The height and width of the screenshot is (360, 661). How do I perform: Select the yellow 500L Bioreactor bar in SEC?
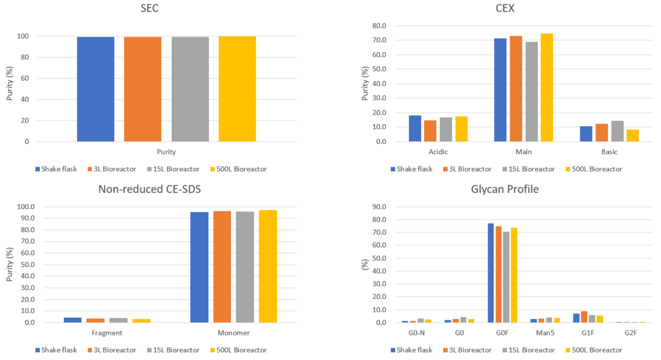tap(237, 89)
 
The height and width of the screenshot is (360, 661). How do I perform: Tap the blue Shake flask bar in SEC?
tap(95, 89)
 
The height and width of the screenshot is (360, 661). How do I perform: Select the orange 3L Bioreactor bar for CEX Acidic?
tap(430, 130)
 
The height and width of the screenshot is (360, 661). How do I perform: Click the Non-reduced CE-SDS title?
tap(149, 189)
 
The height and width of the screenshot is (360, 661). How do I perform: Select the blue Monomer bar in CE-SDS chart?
tap(199, 267)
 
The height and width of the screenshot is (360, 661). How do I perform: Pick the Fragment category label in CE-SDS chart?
tap(106, 332)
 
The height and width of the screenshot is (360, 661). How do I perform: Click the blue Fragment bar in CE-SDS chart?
tap(72, 320)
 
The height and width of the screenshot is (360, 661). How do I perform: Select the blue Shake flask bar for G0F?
tap(491, 273)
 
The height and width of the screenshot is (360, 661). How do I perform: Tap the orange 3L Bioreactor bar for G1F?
tap(584, 317)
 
